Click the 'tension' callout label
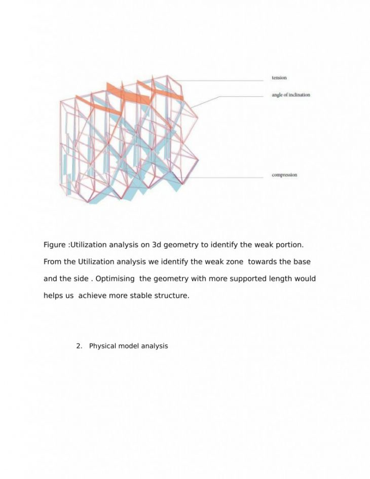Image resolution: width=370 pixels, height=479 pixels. [279, 78]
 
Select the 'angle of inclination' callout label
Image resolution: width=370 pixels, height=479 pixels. [291, 95]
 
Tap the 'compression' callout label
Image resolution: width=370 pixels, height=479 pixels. [284, 175]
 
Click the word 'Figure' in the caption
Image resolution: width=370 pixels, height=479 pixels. [55, 245]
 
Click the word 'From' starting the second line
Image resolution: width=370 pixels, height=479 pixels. [53, 262]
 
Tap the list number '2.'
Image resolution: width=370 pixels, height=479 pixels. [79, 346]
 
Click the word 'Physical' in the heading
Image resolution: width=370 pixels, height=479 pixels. [103, 346]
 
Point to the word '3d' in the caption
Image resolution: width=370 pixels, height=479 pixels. [156, 245]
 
